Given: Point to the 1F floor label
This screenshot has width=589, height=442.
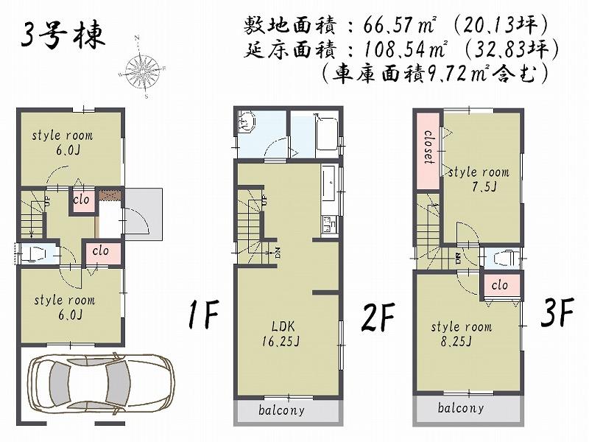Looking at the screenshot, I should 202,316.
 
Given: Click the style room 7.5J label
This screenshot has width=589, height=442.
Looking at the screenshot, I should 479,178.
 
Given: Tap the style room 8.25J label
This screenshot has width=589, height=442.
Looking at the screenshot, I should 462,334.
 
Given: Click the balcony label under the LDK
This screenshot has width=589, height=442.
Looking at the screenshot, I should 281,411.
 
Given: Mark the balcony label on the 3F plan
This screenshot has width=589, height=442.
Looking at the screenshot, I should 461,408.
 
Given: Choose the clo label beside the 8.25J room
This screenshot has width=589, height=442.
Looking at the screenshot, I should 500,285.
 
